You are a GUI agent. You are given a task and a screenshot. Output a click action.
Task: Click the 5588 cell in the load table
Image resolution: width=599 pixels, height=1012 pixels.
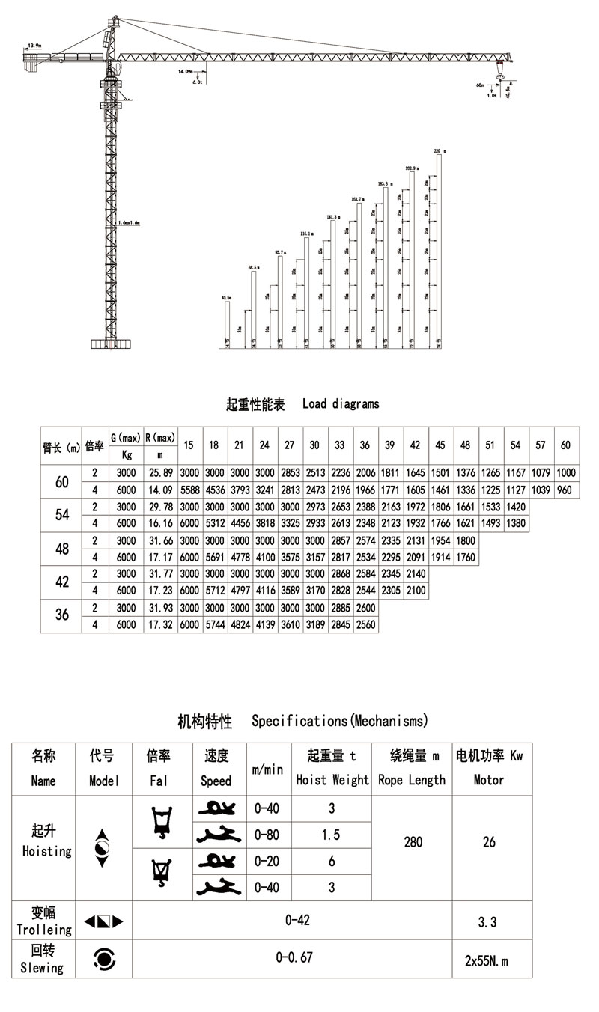(x=189, y=490)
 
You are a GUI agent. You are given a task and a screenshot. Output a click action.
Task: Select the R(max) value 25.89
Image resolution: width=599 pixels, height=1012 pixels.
(x=159, y=473)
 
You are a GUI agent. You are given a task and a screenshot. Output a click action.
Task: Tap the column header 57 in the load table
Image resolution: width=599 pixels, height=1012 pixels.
(x=541, y=445)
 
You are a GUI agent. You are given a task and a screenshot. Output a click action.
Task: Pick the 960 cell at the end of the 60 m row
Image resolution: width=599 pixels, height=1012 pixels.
(x=565, y=490)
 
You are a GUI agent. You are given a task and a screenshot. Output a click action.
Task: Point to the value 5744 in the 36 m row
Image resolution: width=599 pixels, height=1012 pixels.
(x=214, y=624)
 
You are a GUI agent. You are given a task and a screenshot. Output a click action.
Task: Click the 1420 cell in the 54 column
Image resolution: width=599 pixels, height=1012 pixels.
(x=515, y=507)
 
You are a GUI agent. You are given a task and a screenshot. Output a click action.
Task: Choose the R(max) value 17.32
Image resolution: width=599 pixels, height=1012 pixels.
(x=159, y=624)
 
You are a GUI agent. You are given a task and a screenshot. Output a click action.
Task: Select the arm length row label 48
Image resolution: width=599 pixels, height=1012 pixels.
(x=62, y=548)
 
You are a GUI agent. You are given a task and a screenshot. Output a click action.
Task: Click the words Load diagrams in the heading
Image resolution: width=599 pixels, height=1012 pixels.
(x=341, y=404)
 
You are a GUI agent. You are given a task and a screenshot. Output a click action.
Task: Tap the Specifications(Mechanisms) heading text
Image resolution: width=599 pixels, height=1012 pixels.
(x=339, y=722)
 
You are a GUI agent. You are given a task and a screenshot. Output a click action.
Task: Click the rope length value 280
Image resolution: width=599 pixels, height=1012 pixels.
(x=413, y=842)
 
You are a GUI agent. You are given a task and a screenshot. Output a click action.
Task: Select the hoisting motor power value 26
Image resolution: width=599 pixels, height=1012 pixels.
(x=489, y=842)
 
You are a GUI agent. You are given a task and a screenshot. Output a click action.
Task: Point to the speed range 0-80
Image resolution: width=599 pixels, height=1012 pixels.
(x=267, y=834)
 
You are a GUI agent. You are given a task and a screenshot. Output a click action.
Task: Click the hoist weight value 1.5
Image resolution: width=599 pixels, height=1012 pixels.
(x=331, y=834)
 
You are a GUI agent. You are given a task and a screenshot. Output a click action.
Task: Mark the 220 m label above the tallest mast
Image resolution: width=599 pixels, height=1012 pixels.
(x=440, y=150)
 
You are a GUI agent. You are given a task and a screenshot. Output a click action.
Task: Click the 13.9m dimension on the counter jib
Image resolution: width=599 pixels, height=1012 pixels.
(x=34, y=46)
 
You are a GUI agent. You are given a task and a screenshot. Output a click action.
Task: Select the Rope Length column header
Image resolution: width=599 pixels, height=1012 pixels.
(x=412, y=779)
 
